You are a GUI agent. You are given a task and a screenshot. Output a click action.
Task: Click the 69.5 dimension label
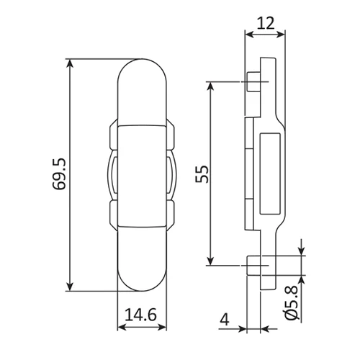point(59,174)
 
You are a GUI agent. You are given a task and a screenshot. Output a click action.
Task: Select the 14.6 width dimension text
point(141,315)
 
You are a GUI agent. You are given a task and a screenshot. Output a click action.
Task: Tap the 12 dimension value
point(265,23)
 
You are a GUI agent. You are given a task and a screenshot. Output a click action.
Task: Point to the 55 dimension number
point(202,174)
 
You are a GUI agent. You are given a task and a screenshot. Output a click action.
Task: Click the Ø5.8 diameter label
point(292,303)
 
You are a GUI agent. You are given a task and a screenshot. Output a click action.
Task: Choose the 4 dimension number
point(225,320)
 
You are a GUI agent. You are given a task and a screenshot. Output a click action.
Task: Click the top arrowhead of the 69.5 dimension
point(70,63)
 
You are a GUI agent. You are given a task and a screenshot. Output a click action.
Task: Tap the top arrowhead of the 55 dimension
point(210,86)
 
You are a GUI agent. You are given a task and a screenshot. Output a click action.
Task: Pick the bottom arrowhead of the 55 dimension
point(210,261)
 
